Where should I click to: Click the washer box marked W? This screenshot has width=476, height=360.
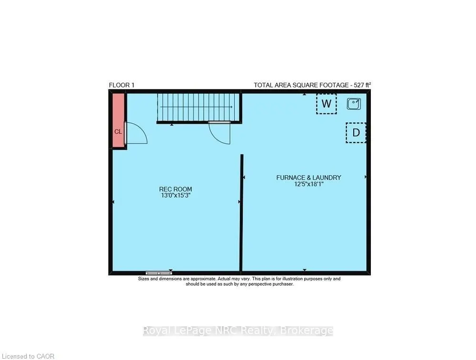[x=326, y=104]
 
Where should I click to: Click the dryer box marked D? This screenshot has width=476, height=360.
[x=356, y=133]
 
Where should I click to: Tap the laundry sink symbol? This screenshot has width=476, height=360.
[x=354, y=103]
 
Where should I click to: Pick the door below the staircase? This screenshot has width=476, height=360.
[x=220, y=132]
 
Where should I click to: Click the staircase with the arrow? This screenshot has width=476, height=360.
[x=198, y=108]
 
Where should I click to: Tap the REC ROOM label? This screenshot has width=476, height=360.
[x=176, y=189]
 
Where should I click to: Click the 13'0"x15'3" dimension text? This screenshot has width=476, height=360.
[x=176, y=195]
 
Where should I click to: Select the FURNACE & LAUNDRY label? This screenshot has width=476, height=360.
[x=308, y=178]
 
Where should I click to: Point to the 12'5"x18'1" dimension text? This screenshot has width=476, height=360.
[x=308, y=184]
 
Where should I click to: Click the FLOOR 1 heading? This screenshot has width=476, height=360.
[x=122, y=85]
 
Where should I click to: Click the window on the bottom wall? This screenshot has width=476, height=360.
[x=159, y=273]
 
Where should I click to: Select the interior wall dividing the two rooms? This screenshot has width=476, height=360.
[x=242, y=212]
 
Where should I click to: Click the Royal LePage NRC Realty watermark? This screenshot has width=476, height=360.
[x=238, y=330]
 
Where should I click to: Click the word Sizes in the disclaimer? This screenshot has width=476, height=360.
[x=144, y=279]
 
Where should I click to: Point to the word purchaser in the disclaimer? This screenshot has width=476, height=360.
[x=281, y=284]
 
